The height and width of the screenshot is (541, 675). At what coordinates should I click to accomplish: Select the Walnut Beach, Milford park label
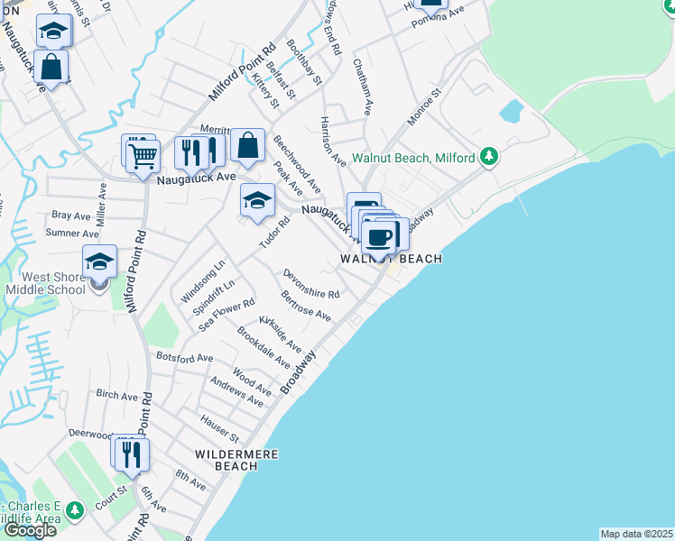click(x=413, y=158)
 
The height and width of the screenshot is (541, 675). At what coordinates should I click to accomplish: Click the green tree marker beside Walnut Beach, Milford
click(x=489, y=158)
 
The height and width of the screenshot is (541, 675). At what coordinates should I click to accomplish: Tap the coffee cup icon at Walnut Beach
click(x=380, y=236)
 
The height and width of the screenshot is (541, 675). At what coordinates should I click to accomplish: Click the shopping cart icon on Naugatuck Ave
click(x=143, y=157)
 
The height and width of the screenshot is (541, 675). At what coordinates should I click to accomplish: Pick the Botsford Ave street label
click(x=184, y=358)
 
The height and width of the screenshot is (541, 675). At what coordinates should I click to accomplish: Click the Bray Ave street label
click(x=71, y=216)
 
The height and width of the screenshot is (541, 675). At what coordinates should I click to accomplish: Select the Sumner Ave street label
click(x=71, y=234)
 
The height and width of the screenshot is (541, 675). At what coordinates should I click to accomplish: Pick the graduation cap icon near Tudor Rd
click(x=257, y=200)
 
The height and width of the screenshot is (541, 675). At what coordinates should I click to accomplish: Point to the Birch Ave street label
click(x=116, y=396)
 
